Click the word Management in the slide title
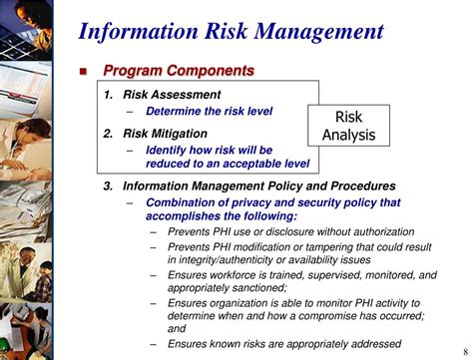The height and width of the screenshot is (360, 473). (320, 30)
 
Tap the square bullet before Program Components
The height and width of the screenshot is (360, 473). (86, 72)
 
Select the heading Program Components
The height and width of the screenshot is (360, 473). (180, 72)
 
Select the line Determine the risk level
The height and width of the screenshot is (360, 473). (210, 113)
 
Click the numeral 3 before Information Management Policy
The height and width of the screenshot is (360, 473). (108, 185)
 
